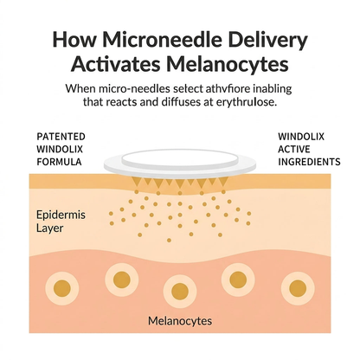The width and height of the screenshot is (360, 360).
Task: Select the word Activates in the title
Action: [116, 64]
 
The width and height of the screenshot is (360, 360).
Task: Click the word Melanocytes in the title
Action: [228, 64]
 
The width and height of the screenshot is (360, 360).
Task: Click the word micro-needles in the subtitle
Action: [134, 88]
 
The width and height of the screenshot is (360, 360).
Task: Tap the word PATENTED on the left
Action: [61, 137]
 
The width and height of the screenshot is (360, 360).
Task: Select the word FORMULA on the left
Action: [59, 162]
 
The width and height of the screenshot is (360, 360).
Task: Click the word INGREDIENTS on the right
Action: [309, 162]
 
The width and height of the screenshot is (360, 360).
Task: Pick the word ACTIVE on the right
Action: [294, 149]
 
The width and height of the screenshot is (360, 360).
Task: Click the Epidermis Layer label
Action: [61, 222]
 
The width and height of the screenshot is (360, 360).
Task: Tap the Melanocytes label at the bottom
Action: [180, 321]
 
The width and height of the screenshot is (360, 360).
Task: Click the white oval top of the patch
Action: [180, 159]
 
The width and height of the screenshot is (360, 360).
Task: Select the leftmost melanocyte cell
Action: [62, 288]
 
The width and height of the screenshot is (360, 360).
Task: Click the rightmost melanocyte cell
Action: [298, 289]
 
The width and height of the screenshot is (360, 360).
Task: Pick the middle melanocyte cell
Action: [180, 292]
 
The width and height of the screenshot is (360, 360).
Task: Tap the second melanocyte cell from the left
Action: [122, 280]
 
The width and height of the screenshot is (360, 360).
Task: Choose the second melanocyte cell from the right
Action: [238, 280]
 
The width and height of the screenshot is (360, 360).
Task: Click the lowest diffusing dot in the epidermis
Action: [169, 240]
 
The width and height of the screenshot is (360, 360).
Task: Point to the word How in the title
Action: [74, 40]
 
